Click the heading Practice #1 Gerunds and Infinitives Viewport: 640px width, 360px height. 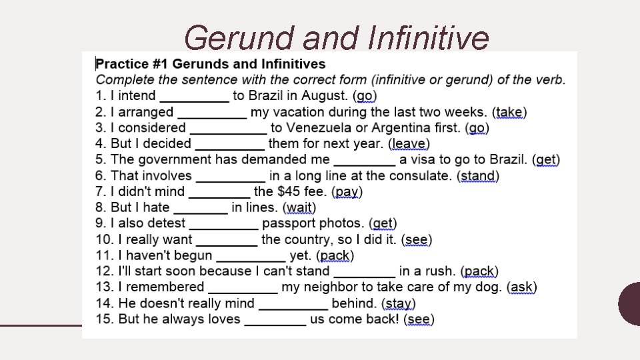211,64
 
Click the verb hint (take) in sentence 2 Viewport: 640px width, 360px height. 509,112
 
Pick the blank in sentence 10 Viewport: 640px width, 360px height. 227,240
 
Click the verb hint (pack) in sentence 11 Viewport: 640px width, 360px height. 335,256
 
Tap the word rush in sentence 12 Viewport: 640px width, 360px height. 437,271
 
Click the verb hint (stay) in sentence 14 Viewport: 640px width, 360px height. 399,304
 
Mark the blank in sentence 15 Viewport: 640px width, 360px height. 275,320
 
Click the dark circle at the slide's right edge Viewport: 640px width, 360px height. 629,303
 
